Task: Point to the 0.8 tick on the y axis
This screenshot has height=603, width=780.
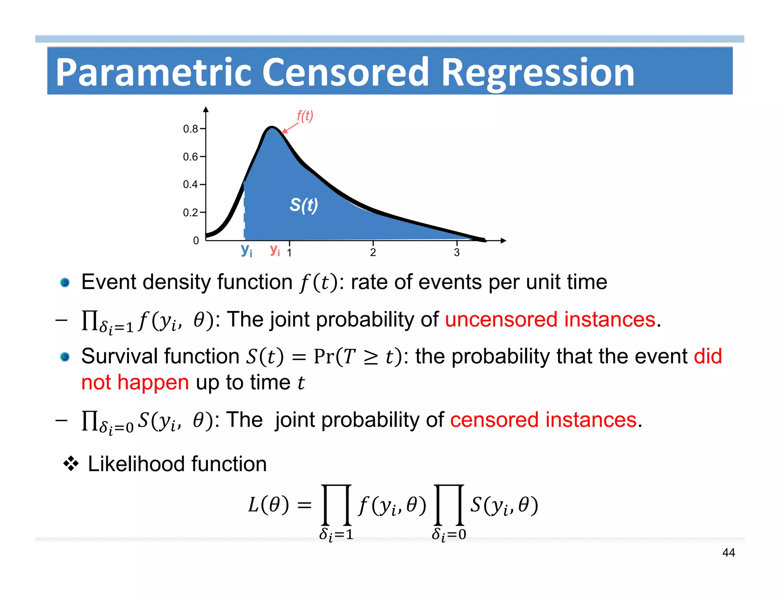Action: (190, 129)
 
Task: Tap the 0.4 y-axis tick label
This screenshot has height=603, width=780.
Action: (190, 184)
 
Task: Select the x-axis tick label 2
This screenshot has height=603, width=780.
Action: (373, 252)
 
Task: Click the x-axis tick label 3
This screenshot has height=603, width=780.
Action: (457, 252)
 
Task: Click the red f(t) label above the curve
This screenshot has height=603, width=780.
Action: (305, 116)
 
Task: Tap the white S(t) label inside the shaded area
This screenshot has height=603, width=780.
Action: (304, 205)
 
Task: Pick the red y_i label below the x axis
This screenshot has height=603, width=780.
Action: (275, 250)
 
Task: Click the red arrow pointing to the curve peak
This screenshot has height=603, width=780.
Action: (290, 128)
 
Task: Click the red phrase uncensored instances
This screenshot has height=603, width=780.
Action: (550, 319)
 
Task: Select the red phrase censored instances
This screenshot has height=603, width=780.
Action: (543, 420)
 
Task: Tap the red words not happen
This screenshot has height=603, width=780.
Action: (135, 382)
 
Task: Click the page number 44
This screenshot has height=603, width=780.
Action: (728, 552)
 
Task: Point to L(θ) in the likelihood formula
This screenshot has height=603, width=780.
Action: (269, 505)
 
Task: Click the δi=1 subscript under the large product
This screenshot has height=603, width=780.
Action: (336, 534)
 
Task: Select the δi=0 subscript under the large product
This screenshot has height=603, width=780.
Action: (449, 534)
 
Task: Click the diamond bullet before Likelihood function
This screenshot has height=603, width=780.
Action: (71, 464)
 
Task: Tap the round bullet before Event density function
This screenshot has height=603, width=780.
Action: (65, 282)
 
